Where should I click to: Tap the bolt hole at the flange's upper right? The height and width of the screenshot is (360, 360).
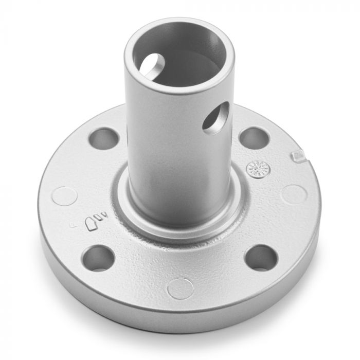[254, 138]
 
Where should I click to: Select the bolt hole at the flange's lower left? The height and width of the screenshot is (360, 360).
[98, 258]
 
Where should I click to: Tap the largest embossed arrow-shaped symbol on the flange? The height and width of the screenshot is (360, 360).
[93, 224]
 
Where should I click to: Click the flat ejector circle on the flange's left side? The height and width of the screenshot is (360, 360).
[65, 196]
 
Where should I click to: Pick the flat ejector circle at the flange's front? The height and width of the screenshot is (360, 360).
[181, 289]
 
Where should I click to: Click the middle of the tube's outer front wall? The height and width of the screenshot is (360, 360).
[177, 154]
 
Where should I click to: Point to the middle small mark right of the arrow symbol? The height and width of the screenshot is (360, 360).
[101, 217]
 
